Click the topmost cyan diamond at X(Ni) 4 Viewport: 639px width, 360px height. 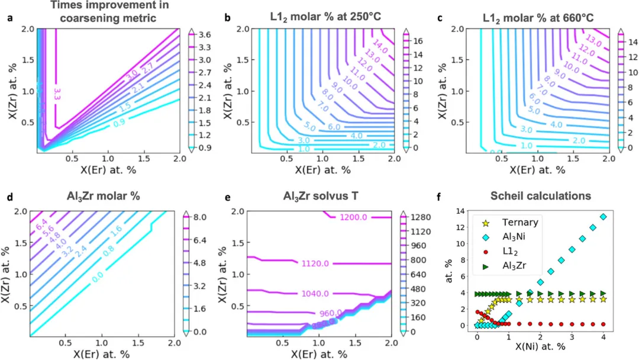(x=603, y=217)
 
